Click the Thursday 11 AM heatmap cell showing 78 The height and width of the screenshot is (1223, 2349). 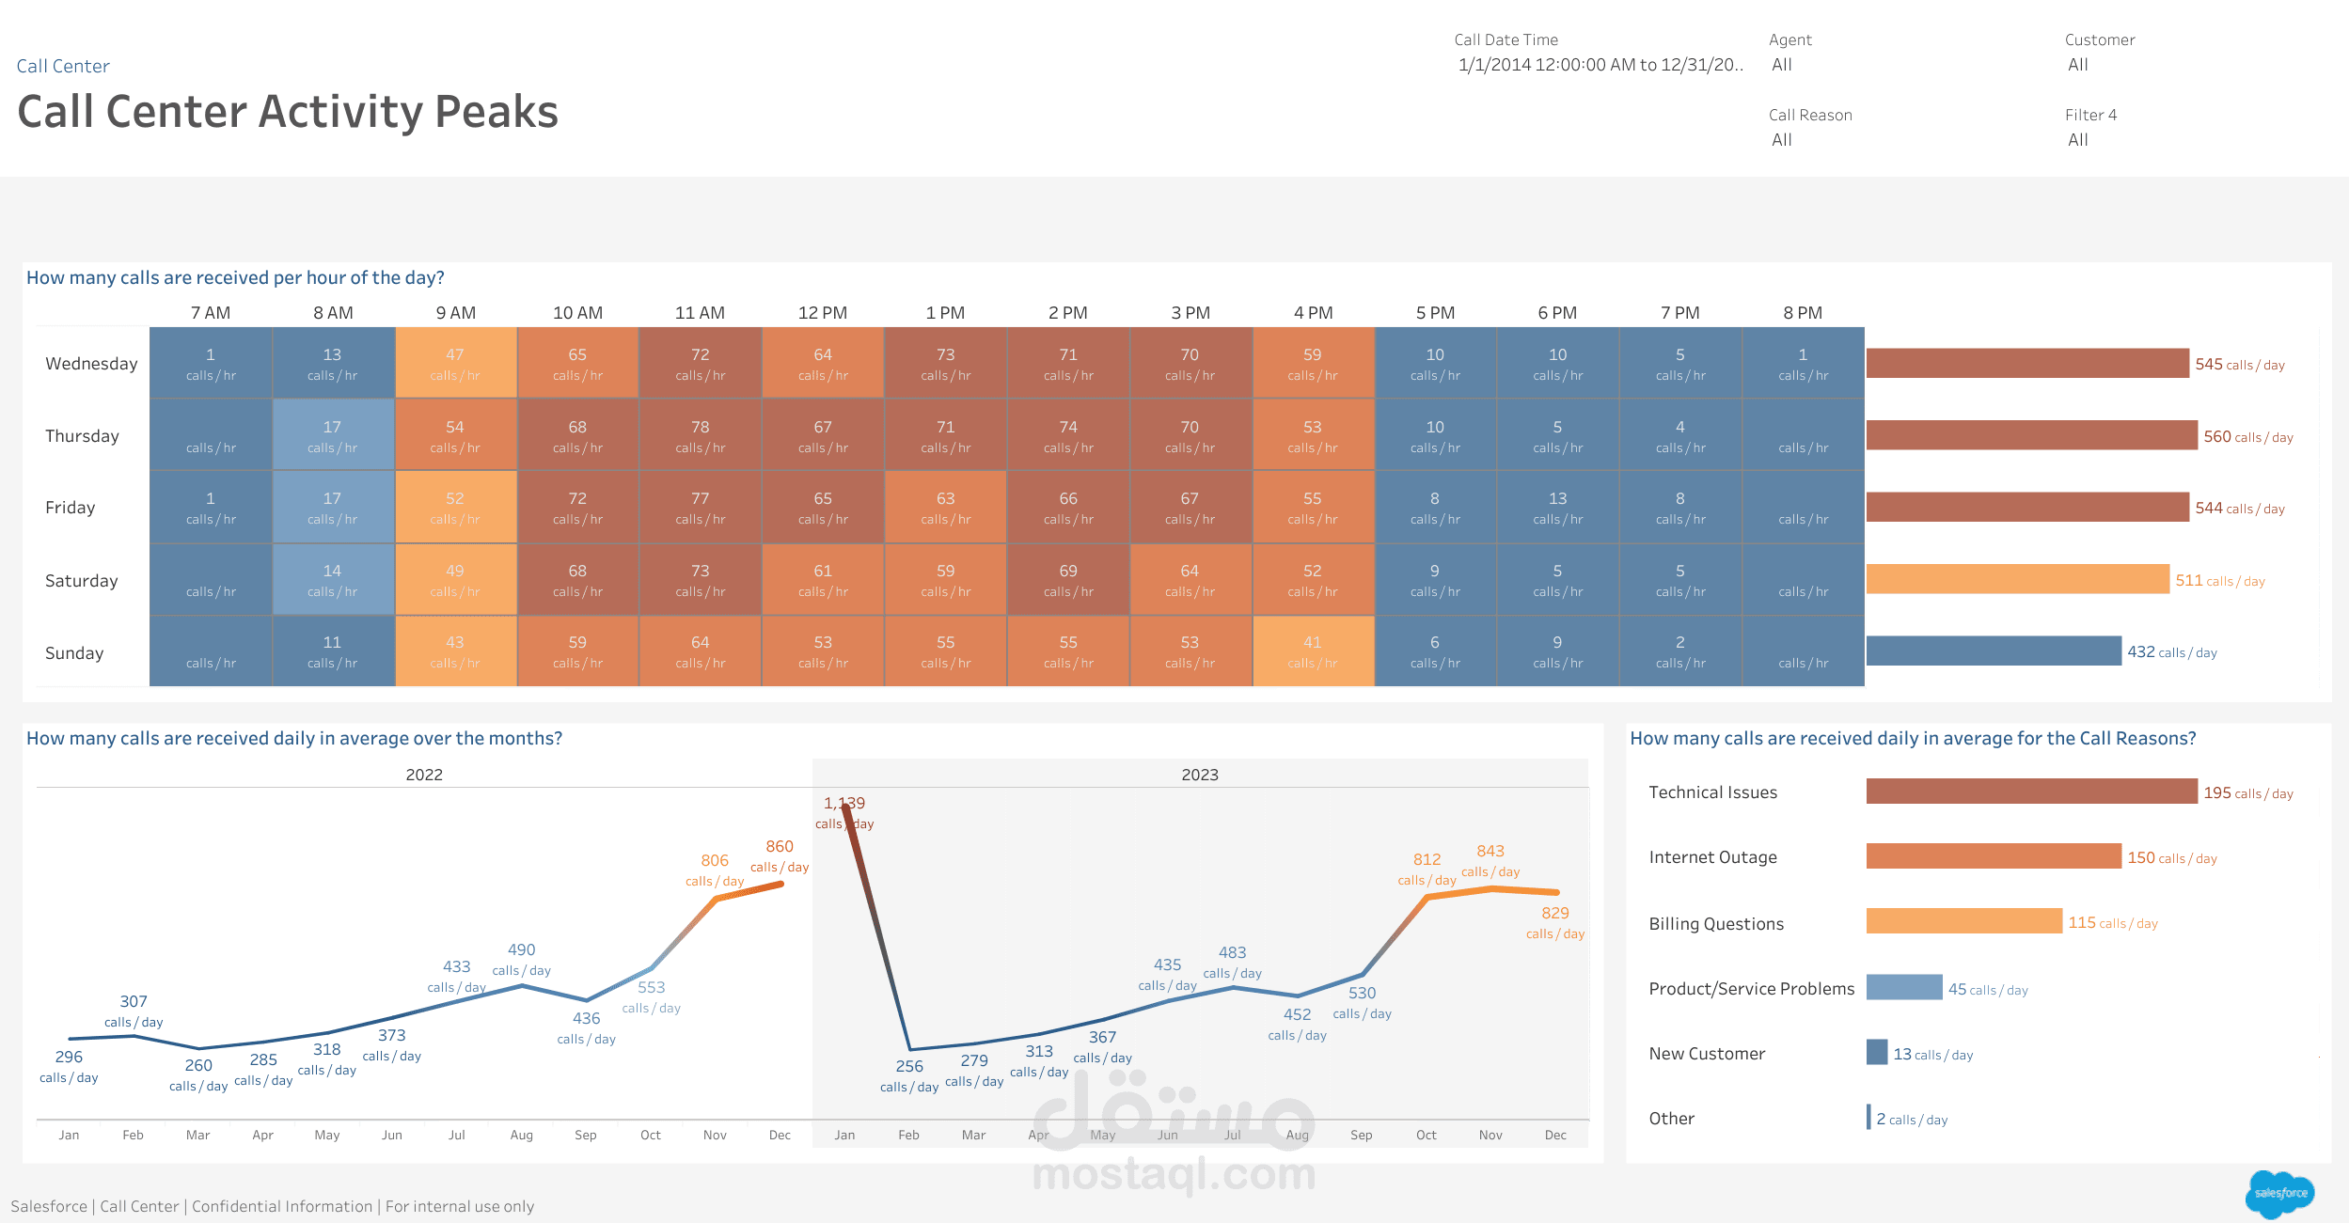pyautogui.click(x=700, y=434)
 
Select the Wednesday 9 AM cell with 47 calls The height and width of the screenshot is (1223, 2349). pyautogui.click(x=455, y=363)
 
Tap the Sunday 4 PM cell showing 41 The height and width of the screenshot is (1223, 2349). pyautogui.click(x=1313, y=651)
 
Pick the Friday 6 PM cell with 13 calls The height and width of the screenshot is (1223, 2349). pyautogui.click(x=1557, y=507)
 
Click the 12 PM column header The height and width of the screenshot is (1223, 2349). pyautogui.click(x=822, y=313)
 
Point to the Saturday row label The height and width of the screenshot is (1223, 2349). pyautogui.click(x=82, y=581)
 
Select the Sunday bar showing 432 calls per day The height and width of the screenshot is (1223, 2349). pyautogui.click(x=1993, y=651)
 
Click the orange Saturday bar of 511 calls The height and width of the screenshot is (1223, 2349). pyautogui.click(x=2016, y=579)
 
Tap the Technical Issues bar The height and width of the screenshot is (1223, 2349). pyautogui.click(x=2030, y=792)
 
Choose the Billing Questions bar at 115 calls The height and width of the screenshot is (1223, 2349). pyautogui.click(x=1963, y=921)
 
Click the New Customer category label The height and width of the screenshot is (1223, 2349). pyautogui.click(x=1706, y=1054)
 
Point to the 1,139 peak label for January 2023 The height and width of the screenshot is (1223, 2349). pyautogui.click(x=843, y=804)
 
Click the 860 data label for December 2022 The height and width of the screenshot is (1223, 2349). pyautogui.click(x=779, y=847)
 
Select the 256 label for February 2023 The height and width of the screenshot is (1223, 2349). pyautogui.click(x=908, y=1066)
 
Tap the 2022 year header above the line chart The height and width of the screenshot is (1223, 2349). pyautogui.click(x=424, y=775)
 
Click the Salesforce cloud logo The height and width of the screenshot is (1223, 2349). pyautogui.click(x=2279, y=1193)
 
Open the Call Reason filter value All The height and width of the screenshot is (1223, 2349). pyautogui.click(x=1781, y=140)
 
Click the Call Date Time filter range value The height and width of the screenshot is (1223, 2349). pyautogui.click(x=1600, y=65)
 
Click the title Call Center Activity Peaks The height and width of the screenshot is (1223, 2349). pyautogui.click(x=288, y=112)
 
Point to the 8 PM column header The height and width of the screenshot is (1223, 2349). pyautogui.click(x=1802, y=313)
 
